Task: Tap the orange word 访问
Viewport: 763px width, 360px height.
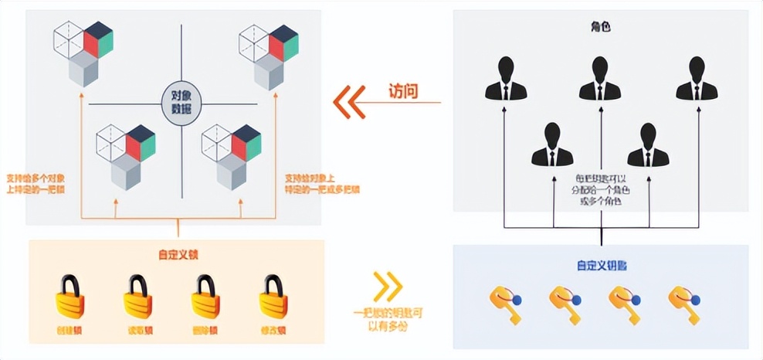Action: [x=403, y=91]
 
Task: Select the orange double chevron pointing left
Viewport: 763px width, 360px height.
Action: [x=349, y=101]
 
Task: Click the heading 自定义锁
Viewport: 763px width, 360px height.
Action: [x=177, y=254]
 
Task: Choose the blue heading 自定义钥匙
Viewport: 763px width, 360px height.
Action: [x=601, y=265]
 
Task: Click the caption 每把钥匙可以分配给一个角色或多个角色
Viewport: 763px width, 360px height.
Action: [x=601, y=189]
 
